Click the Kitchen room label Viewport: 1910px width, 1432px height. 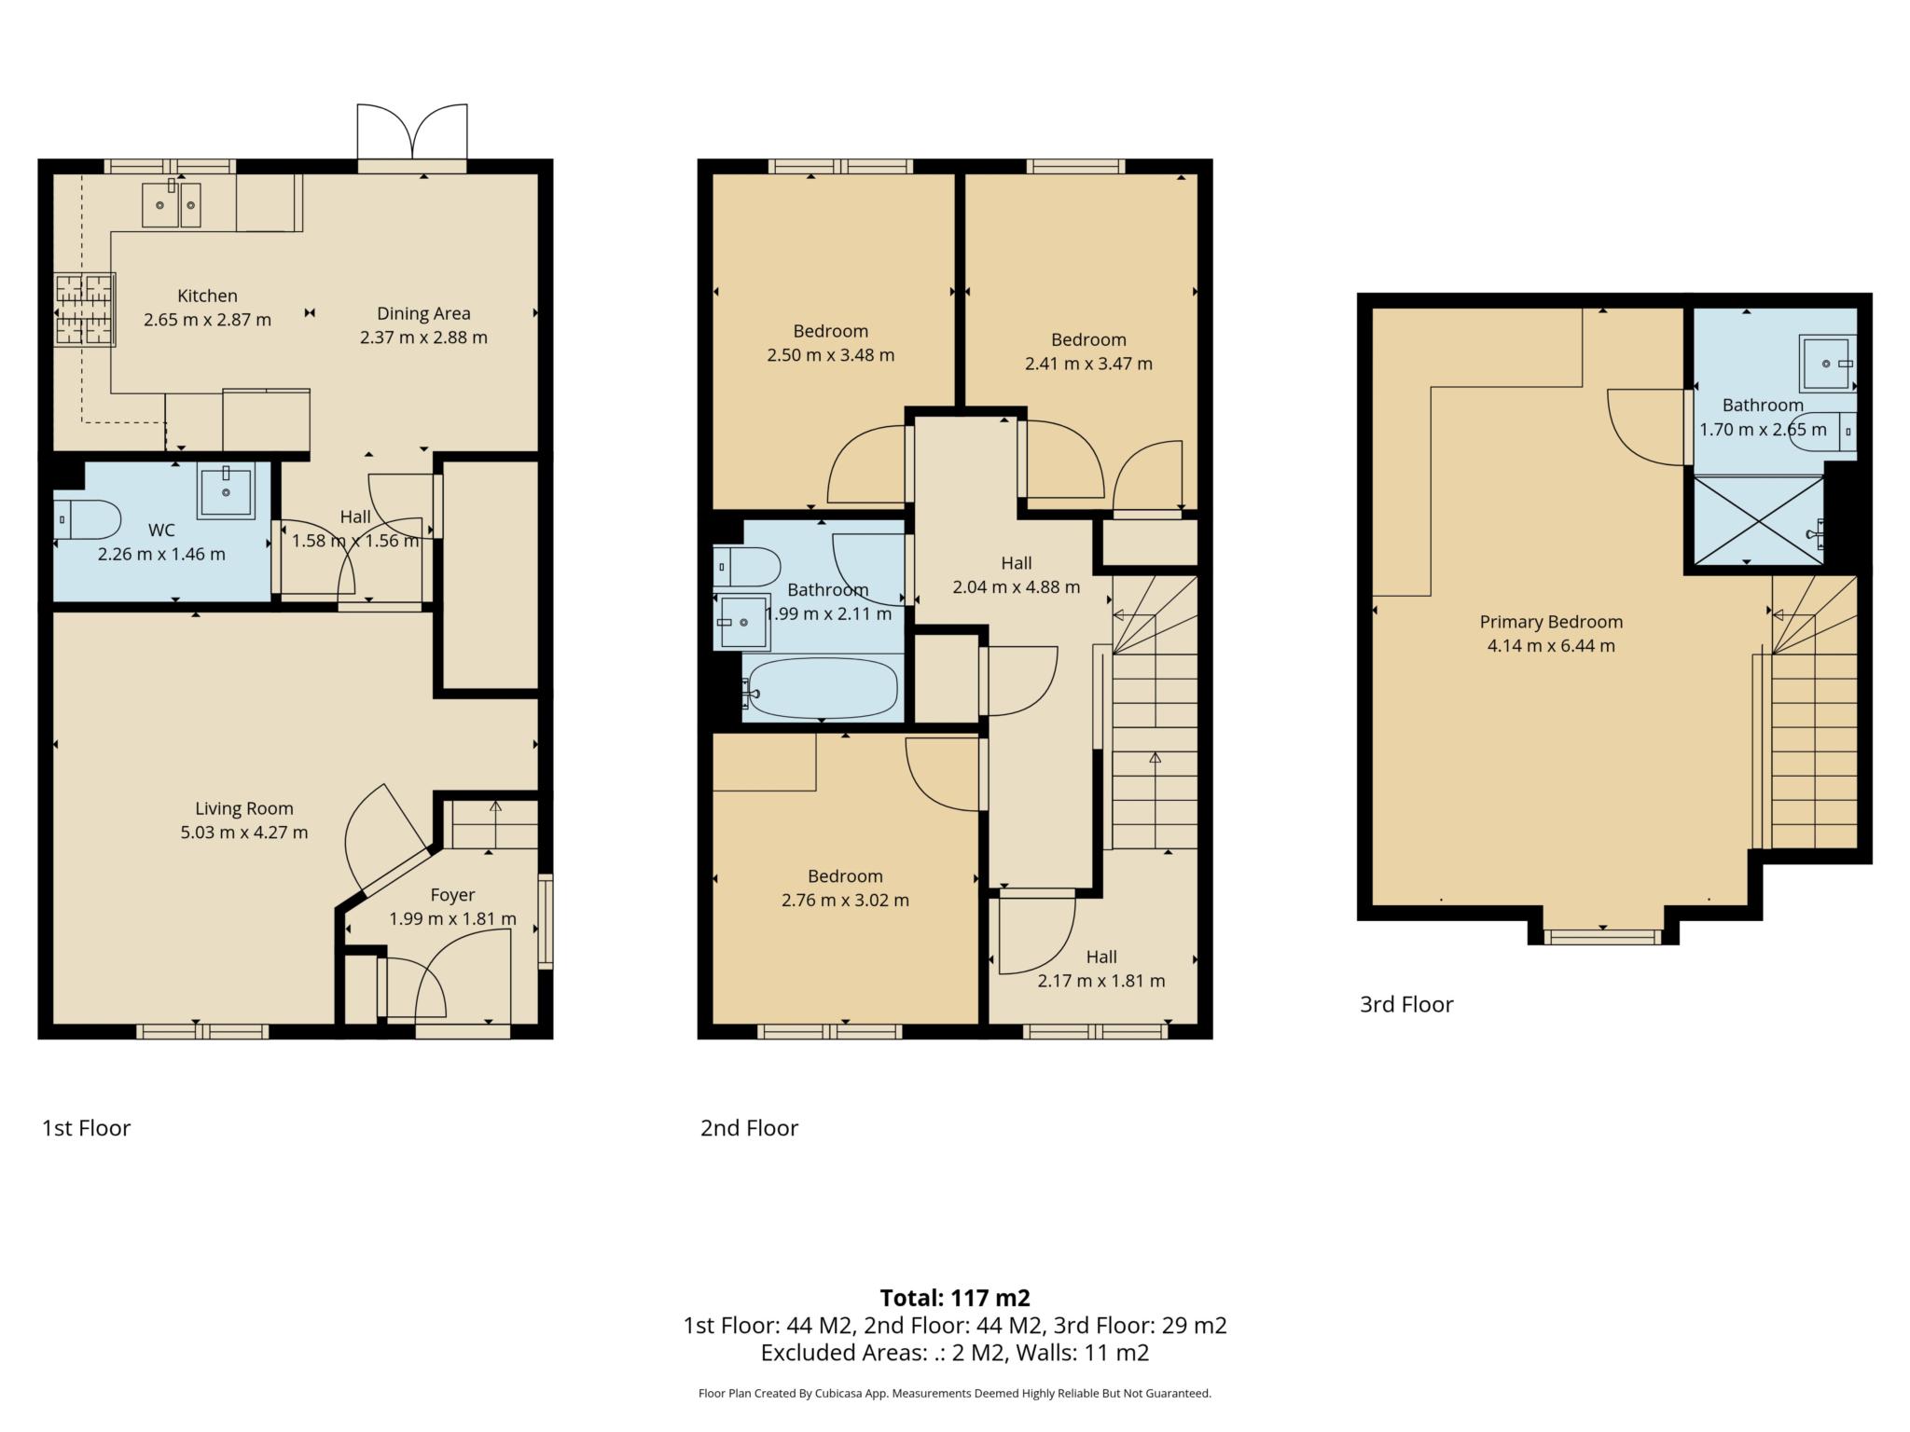click(207, 296)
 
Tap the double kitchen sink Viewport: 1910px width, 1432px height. click(172, 205)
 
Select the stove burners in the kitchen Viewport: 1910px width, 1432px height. click(84, 310)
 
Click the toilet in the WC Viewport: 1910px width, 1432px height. click(86, 519)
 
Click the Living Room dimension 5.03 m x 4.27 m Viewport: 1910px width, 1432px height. click(243, 833)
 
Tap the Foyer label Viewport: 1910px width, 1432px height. click(452, 895)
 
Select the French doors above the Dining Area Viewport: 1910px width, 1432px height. click(411, 134)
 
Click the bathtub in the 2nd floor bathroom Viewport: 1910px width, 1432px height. click(822, 689)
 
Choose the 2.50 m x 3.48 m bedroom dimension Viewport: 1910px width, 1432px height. click(830, 355)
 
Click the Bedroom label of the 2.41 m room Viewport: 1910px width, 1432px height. click(1088, 339)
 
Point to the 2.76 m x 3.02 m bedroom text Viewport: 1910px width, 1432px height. click(845, 901)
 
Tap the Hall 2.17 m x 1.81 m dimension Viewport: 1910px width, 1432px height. click(1100, 981)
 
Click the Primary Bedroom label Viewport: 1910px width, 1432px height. click(1551, 622)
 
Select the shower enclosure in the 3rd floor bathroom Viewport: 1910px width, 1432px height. click(1757, 520)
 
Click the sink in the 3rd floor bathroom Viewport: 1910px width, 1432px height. click(1826, 363)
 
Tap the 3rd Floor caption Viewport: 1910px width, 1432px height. click(1406, 1004)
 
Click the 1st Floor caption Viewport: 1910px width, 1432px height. click(86, 1128)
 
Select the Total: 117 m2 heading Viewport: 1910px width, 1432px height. click(955, 1298)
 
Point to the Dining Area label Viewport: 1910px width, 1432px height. click(423, 313)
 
